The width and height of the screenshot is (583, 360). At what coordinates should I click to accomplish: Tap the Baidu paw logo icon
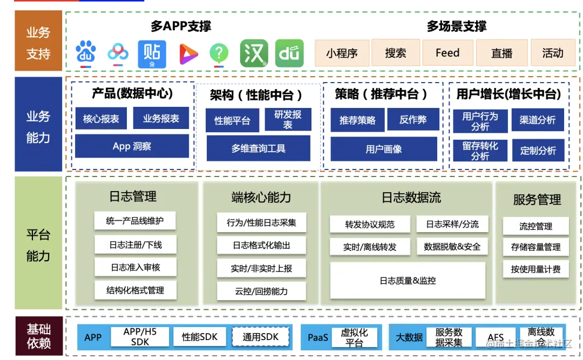86,53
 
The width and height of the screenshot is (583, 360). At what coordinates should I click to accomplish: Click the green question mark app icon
219,53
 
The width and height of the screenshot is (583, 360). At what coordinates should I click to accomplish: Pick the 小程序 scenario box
342,53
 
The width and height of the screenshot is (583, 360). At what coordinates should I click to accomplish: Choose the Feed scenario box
448,53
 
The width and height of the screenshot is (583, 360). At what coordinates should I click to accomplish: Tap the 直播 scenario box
501,53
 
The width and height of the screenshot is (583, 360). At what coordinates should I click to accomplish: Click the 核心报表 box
101,119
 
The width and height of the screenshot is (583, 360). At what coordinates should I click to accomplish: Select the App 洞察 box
132,146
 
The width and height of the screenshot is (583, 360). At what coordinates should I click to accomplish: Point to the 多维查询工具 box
258,148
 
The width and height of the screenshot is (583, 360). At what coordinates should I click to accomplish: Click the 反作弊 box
413,120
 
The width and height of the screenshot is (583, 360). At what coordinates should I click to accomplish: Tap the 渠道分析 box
537,120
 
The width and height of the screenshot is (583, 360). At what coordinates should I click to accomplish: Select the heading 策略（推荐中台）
381,94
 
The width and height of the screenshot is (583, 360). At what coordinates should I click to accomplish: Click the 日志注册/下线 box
135,244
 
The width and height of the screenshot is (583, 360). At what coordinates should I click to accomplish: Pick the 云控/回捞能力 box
261,291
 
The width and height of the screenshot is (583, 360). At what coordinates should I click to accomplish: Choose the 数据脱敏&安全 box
452,247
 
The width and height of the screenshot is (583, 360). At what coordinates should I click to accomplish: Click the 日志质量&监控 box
408,281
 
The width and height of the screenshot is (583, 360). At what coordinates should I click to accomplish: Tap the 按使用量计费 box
535,269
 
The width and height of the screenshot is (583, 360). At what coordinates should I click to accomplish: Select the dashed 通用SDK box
261,337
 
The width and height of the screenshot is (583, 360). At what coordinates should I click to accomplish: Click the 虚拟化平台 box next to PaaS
354,337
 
